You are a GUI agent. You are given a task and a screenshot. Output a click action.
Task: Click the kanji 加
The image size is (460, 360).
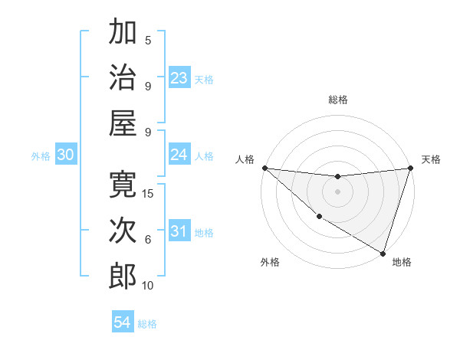point(123,34)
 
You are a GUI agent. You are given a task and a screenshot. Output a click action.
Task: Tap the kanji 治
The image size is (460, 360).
point(123,77)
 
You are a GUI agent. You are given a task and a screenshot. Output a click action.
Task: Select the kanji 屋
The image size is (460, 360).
point(123,123)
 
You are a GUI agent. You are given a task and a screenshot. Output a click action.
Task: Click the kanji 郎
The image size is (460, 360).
point(123,275)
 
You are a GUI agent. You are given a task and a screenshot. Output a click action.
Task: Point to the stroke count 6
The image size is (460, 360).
point(148,240)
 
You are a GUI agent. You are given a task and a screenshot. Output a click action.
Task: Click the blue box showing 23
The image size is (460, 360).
point(179,78)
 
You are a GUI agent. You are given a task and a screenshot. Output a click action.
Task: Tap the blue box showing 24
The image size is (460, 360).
point(179,155)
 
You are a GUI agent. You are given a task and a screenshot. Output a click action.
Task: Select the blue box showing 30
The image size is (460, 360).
point(66,155)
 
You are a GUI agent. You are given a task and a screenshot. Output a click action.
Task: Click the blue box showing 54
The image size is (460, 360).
point(123,323)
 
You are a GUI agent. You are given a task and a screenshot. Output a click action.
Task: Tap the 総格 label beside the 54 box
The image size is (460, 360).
point(148,324)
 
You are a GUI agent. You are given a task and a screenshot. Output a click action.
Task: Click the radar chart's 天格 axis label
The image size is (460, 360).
point(431,159)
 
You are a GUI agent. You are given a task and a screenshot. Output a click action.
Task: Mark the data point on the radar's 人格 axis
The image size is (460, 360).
point(264,168)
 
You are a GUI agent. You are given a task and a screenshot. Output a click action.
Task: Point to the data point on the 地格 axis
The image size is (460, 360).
point(383,253)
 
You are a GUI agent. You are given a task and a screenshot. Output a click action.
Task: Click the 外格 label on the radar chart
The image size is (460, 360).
point(270,262)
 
